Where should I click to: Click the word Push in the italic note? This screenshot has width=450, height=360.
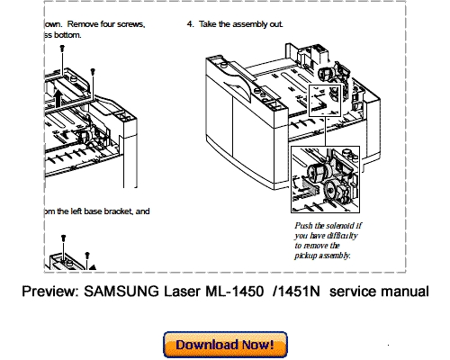point(304,224)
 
